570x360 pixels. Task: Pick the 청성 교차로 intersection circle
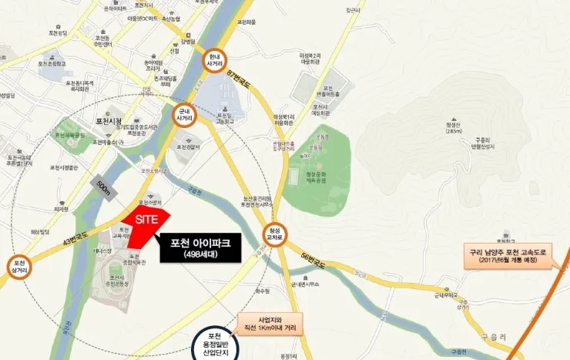[275, 233]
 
